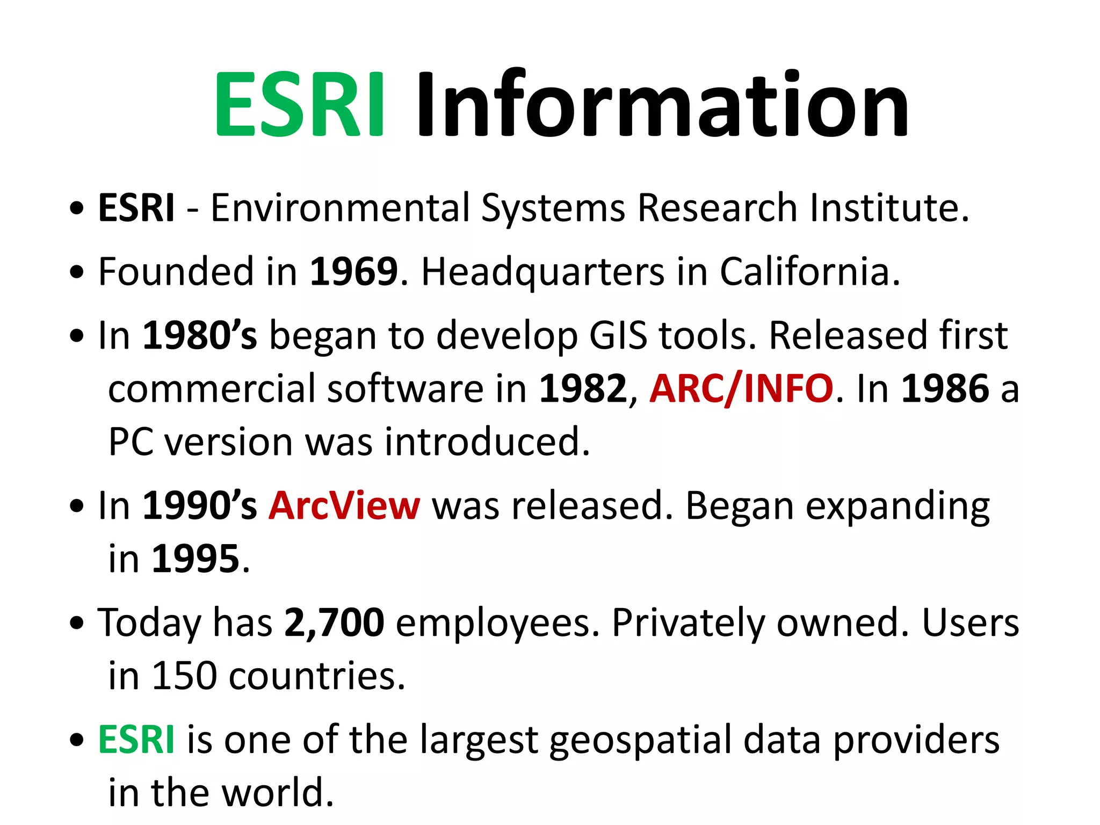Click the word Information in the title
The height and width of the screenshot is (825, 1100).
[x=662, y=104]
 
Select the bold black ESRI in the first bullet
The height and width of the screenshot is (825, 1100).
[x=136, y=208]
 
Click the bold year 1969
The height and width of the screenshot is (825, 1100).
[x=354, y=272]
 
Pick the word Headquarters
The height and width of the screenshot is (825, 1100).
[x=542, y=273]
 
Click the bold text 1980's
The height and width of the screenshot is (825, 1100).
[x=199, y=336]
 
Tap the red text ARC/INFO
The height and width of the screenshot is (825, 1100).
[x=741, y=389]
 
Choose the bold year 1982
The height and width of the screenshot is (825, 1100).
[x=583, y=389]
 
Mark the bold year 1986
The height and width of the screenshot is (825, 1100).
[x=945, y=389]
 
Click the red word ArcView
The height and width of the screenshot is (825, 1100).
[x=344, y=506]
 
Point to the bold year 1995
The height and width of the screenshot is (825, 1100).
[x=196, y=559]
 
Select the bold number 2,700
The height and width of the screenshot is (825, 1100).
[x=334, y=623]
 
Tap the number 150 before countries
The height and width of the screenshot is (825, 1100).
[x=184, y=676]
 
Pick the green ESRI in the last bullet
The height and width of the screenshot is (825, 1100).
[x=136, y=740]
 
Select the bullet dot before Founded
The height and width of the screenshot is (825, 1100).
[x=77, y=272]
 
